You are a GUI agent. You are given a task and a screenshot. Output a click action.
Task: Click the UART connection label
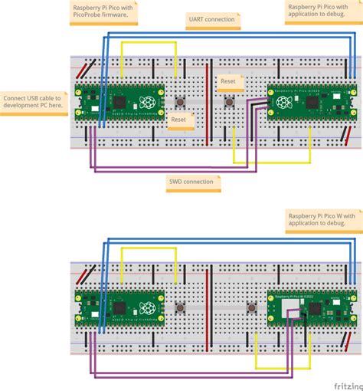tap(210, 18)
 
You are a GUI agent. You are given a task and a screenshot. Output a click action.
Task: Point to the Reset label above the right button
tap(228, 80)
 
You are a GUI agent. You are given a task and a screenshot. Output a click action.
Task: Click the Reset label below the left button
tap(178, 120)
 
